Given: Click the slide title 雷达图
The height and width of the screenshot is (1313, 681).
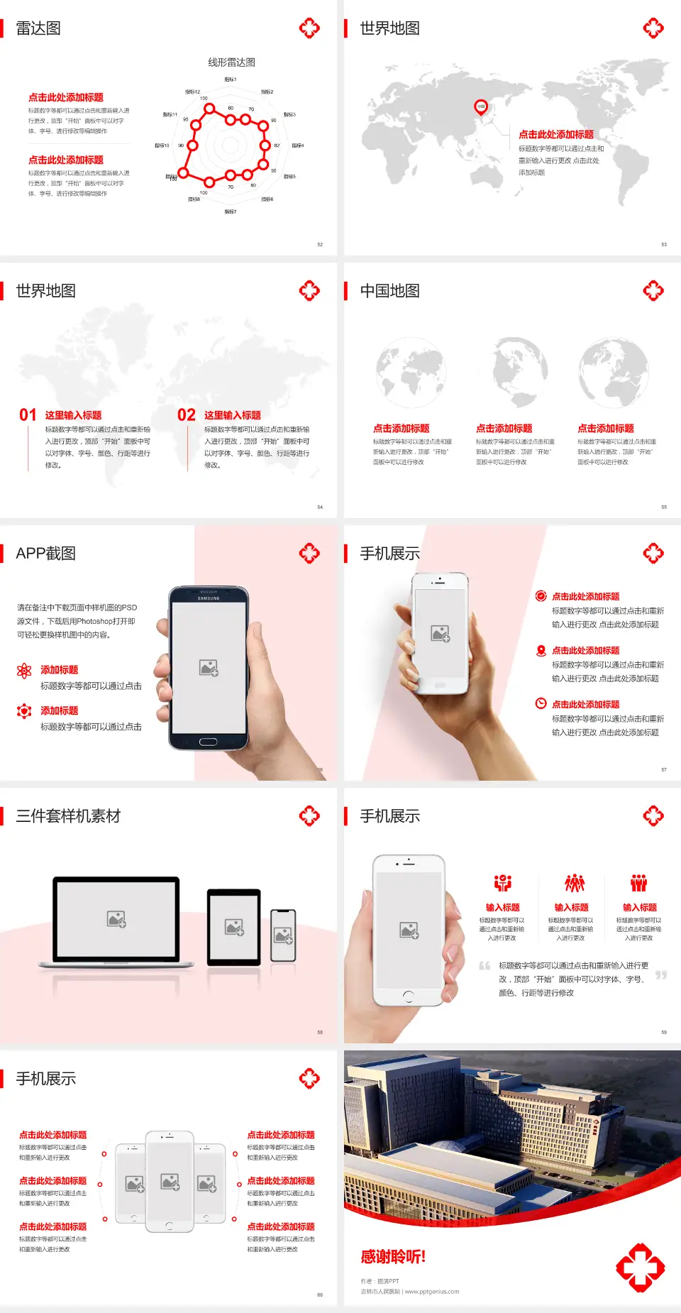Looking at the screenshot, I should (x=38, y=28).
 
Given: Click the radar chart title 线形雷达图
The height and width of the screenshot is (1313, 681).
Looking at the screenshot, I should (x=231, y=62).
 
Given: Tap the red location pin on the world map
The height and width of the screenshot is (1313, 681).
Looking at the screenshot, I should (x=481, y=107).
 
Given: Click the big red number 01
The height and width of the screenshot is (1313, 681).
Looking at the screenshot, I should (x=28, y=414).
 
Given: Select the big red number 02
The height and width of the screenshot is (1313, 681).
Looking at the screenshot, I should (x=187, y=414).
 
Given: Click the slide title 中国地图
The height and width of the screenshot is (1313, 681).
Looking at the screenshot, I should (x=389, y=291).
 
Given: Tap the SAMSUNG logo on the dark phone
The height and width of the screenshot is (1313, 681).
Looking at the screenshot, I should (x=209, y=598).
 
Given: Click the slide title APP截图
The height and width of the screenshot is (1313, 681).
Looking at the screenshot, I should (x=45, y=554).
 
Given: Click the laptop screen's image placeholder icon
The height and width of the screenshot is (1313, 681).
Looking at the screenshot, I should (x=116, y=919).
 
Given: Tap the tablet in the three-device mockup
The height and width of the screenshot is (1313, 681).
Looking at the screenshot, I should (x=234, y=927).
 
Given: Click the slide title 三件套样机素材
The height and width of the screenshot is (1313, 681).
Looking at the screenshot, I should (x=68, y=816).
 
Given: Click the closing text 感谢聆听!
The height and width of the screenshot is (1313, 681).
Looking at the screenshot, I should (x=393, y=1257).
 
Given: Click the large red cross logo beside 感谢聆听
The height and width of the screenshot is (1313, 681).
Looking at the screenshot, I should (x=640, y=1267).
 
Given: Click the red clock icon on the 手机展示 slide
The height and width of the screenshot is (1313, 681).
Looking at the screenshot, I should (x=541, y=703).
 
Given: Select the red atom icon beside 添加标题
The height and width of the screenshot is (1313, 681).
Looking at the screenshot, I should (x=24, y=670).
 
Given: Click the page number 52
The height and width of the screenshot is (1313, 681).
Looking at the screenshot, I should (x=320, y=244).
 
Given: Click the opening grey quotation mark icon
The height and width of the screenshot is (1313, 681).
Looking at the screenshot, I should (x=485, y=965).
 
